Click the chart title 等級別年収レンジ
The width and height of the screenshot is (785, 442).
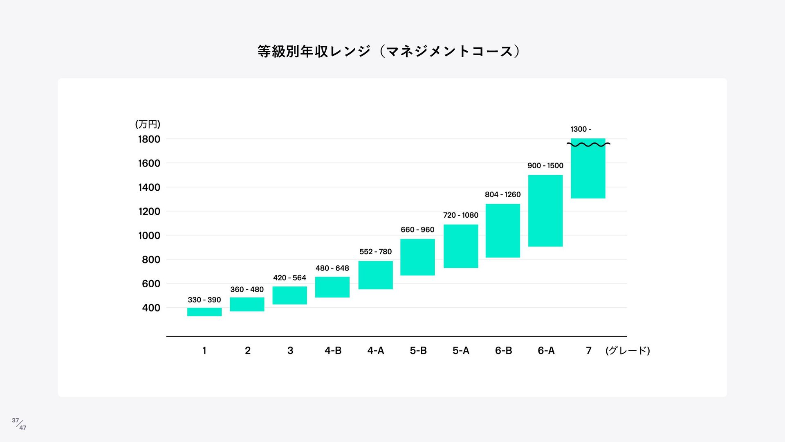(388, 52)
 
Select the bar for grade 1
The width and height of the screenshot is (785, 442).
(204, 312)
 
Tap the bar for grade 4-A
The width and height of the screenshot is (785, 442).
(375, 275)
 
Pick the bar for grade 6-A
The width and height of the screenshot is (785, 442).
(545, 211)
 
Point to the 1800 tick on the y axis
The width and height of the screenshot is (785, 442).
(149, 139)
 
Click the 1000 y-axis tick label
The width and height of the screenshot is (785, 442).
(149, 236)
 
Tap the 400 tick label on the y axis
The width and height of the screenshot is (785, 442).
(151, 308)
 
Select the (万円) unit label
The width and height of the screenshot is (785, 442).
(148, 124)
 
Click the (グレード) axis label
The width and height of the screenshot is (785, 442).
(628, 350)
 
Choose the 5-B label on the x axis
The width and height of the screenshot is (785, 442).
(418, 350)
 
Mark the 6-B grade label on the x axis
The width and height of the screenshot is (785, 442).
(503, 350)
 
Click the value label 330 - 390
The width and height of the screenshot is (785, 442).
(204, 300)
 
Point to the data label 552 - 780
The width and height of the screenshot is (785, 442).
(375, 251)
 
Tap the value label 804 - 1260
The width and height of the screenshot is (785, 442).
(502, 194)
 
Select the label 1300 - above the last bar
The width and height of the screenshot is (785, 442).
(581, 129)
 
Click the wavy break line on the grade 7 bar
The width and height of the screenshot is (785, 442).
(588, 144)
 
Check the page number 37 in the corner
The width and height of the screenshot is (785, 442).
(16, 420)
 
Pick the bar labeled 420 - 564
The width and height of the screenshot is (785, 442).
(289, 295)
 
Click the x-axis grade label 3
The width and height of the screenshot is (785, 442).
(290, 350)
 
